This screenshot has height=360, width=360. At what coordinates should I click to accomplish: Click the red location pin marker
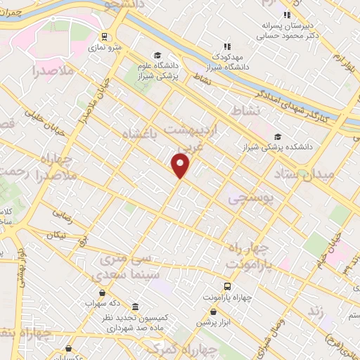[x=181, y=166]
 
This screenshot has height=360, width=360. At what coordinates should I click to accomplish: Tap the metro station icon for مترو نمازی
[x=104, y=37]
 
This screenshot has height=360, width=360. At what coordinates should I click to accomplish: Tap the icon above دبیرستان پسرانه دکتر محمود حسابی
[x=285, y=15]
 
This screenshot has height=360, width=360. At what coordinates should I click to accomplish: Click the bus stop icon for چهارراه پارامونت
[x=227, y=286]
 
